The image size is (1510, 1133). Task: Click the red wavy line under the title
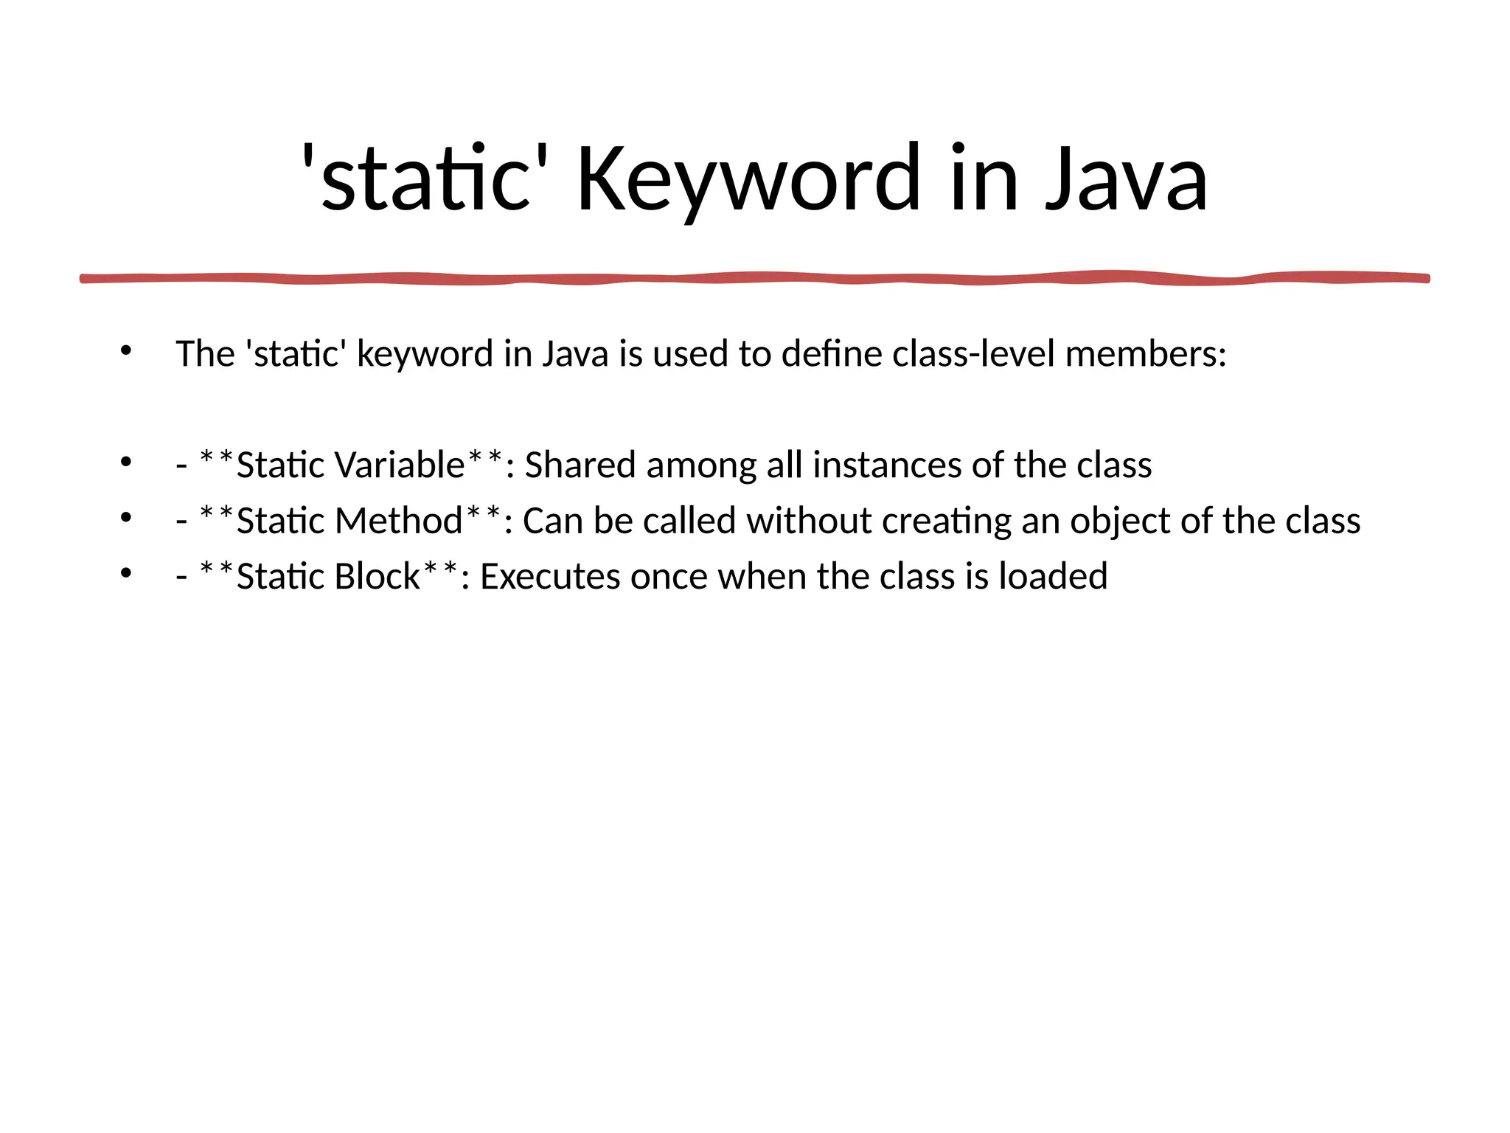pyautogui.click(x=755, y=278)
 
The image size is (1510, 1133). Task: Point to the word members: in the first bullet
pyautogui.click(x=1146, y=354)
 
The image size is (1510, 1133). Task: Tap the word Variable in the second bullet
pyautogui.click(x=399, y=465)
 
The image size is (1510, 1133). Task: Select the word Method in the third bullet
pyautogui.click(x=398, y=522)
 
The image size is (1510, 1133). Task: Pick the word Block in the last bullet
pyautogui.click(x=376, y=577)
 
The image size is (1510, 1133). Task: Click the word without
pyautogui.click(x=809, y=522)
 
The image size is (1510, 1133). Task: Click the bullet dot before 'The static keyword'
pyautogui.click(x=125, y=351)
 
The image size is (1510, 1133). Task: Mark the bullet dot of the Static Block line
pyautogui.click(x=125, y=574)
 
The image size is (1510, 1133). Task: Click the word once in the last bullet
pyautogui.click(x=669, y=577)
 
